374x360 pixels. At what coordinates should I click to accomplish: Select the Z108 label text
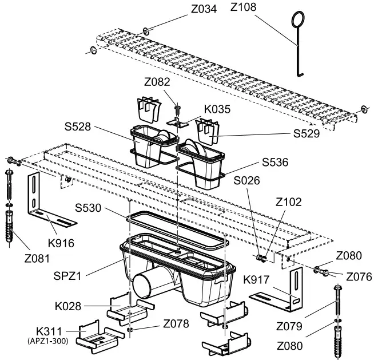243,7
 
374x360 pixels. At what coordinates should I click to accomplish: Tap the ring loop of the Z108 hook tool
299,22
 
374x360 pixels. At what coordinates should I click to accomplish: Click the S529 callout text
307,134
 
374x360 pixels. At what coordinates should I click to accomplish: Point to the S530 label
88,208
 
